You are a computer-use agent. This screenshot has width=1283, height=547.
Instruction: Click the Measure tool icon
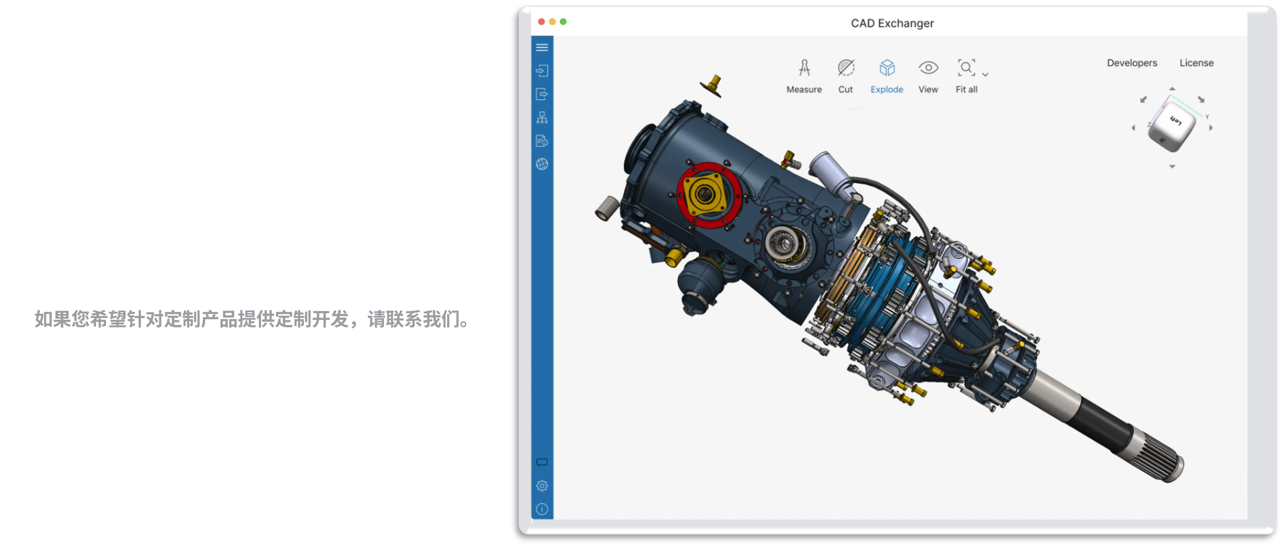pos(804,68)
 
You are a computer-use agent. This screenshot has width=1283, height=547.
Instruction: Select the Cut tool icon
pos(845,68)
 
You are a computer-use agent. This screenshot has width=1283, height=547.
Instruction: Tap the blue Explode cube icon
pos(887,68)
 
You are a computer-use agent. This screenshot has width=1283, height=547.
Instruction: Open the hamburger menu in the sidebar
pos(542,47)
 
